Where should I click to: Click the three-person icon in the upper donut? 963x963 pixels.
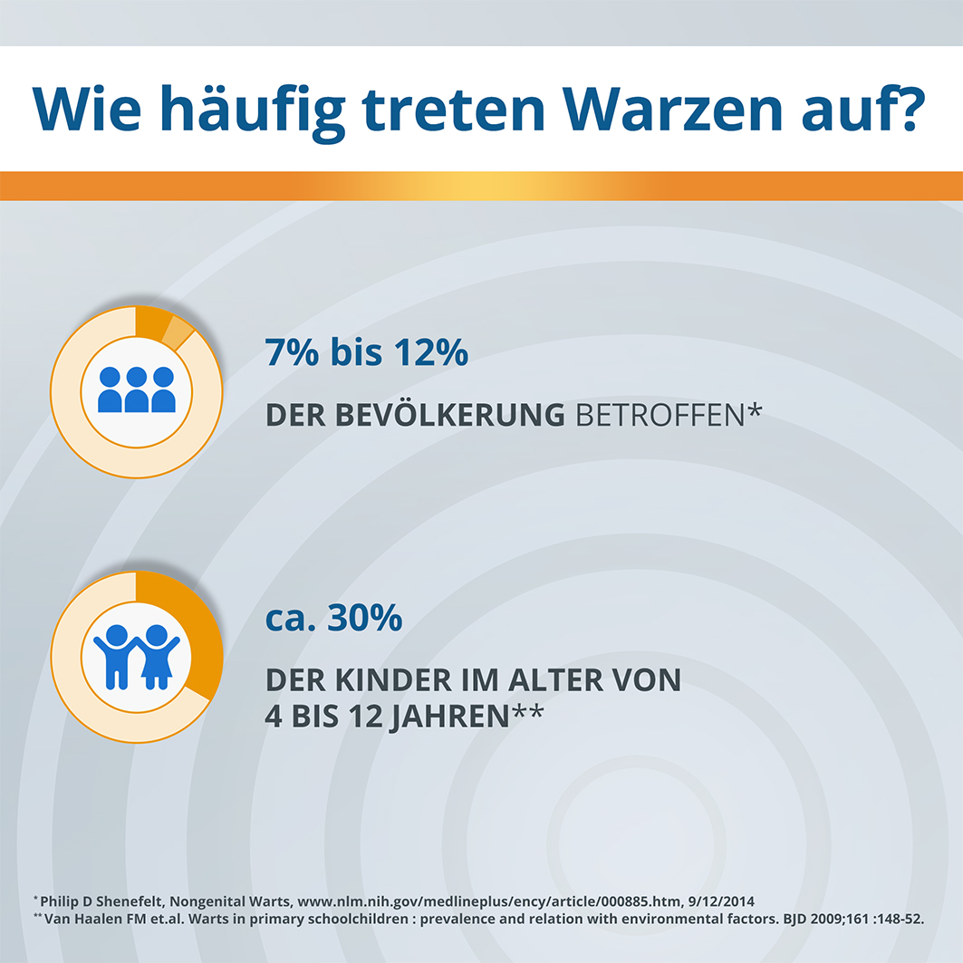[x=137, y=390]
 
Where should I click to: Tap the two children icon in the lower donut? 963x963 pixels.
[x=137, y=654]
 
